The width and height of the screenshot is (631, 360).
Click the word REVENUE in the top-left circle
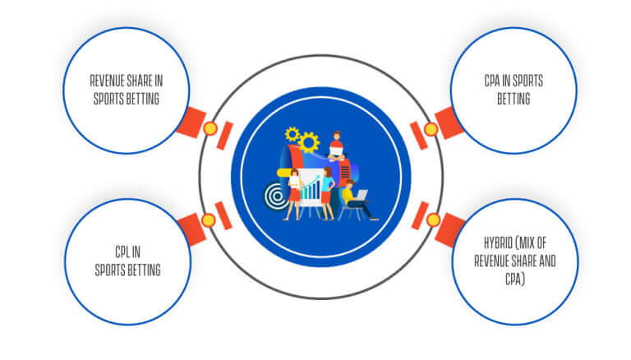pos(106,81)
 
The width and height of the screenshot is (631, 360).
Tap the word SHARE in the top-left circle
pos(139,81)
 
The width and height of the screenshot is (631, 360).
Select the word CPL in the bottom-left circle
pos(121,252)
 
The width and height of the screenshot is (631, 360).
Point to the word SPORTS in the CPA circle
pos(527,81)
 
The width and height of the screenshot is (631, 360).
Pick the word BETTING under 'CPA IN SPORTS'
pos(514,99)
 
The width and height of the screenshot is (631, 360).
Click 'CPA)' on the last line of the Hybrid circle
pos(515,279)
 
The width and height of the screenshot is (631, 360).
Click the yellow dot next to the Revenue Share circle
pos(210,128)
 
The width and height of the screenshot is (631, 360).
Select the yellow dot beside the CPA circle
pos(431,129)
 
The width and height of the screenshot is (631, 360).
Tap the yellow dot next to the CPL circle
pos(208,220)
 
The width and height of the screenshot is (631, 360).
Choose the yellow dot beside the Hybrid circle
pos(433,220)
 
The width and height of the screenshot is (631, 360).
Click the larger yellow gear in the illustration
pos(309,142)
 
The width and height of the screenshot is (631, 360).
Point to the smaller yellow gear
pos(292,134)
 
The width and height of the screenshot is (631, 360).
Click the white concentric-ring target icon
pos(277,196)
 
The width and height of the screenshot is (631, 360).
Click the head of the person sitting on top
pos(336,136)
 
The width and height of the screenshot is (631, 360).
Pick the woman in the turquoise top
pos(328,194)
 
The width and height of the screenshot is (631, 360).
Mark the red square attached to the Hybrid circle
pos(450,230)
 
